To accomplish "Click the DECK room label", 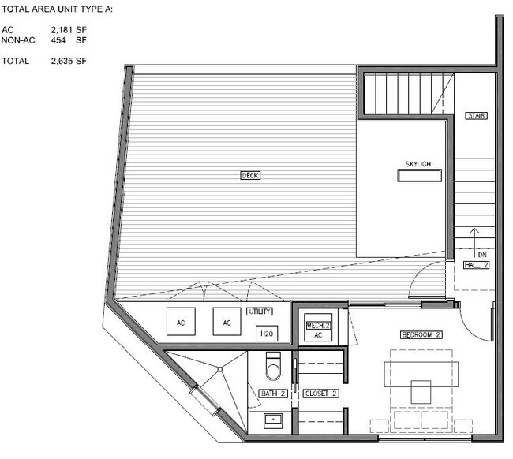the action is tap(250, 176).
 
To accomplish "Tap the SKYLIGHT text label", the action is tap(420, 164).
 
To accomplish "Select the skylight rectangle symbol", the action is tap(419, 176).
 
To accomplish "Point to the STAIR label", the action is tap(477, 116).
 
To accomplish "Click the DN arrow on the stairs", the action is tap(474, 243).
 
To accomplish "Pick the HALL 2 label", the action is tap(477, 265).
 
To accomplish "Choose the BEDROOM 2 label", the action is tap(421, 334).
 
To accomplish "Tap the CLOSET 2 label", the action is tap(320, 394).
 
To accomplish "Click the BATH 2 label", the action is tap(273, 394).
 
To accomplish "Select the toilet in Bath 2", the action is tap(273, 366).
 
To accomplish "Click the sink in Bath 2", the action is tap(273, 421).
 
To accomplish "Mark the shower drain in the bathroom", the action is tap(220, 369).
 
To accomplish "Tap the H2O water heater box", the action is tap(267, 334).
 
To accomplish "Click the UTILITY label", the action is tap(260, 312).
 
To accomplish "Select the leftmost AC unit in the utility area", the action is tap(181, 322).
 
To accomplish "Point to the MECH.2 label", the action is tap(318, 325).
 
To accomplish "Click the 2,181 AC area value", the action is tap(62, 30).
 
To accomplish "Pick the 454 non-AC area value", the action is tap(58, 40).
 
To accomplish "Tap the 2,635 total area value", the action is tap(62, 61).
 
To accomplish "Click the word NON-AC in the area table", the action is tap(18, 40).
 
